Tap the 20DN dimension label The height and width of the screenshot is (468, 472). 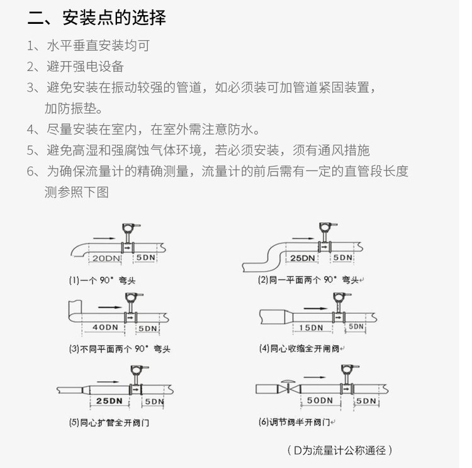point(104,259)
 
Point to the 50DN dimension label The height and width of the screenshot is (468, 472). point(319,400)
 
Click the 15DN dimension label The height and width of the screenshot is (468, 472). point(311,328)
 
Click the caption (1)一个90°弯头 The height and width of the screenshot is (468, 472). point(102,279)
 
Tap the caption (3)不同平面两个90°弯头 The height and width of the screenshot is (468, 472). point(119,348)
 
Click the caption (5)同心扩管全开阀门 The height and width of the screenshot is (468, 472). point(109,423)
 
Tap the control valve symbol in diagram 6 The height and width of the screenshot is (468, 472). point(288,387)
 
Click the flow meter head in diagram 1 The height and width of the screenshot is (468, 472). point(131,228)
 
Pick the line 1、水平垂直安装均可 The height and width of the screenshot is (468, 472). point(88,46)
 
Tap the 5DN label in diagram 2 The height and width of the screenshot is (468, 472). point(342,258)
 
